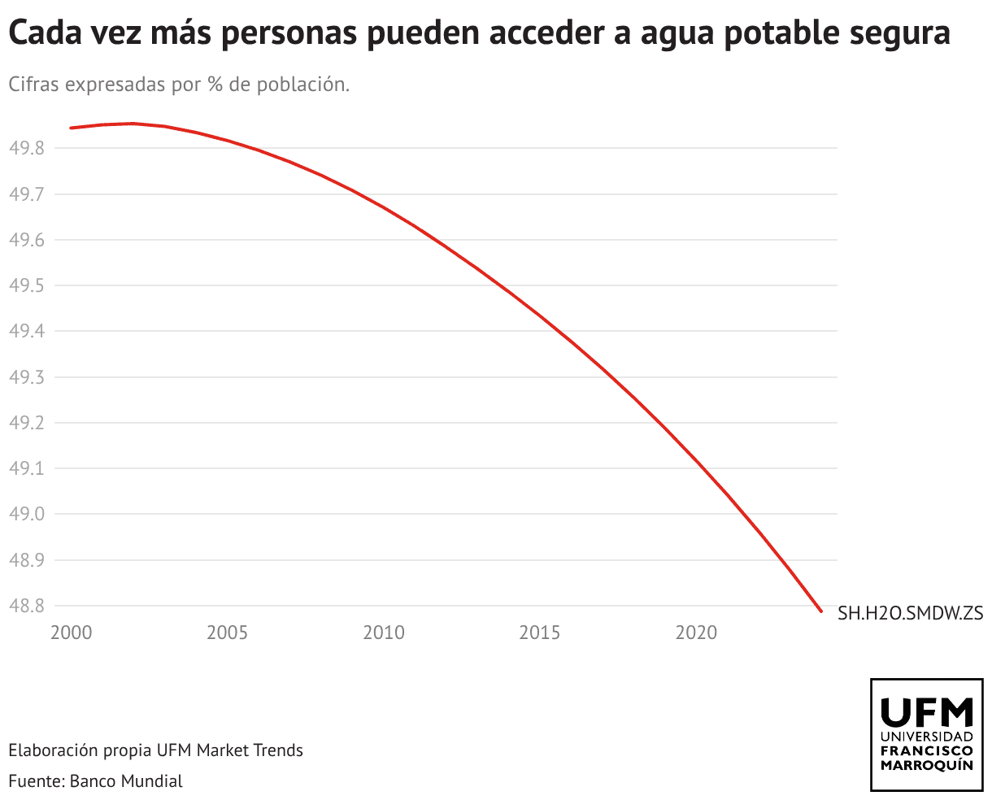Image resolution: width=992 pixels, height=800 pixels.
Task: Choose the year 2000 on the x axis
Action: pyautogui.click(x=71, y=633)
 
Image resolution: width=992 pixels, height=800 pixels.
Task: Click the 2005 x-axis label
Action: pyautogui.click(x=227, y=633)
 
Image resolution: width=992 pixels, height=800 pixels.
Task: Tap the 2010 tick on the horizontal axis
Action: pyautogui.click(x=384, y=633)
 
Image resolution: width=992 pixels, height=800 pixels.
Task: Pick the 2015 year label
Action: pyautogui.click(x=540, y=633)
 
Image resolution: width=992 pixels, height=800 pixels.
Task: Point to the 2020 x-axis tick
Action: pyautogui.click(x=697, y=633)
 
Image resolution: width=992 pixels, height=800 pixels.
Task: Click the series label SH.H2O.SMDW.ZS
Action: pyautogui.click(x=911, y=613)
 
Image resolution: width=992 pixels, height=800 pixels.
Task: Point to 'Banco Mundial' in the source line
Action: pyautogui.click(x=126, y=781)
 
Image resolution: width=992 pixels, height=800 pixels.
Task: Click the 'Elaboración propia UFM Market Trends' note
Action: pyautogui.click(x=155, y=750)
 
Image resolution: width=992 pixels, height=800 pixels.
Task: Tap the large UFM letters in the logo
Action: pyautogui.click(x=927, y=712)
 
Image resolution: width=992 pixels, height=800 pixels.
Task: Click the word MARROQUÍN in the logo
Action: pyautogui.click(x=927, y=766)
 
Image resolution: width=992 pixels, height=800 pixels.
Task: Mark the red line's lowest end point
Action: pyautogui.click(x=821, y=611)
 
